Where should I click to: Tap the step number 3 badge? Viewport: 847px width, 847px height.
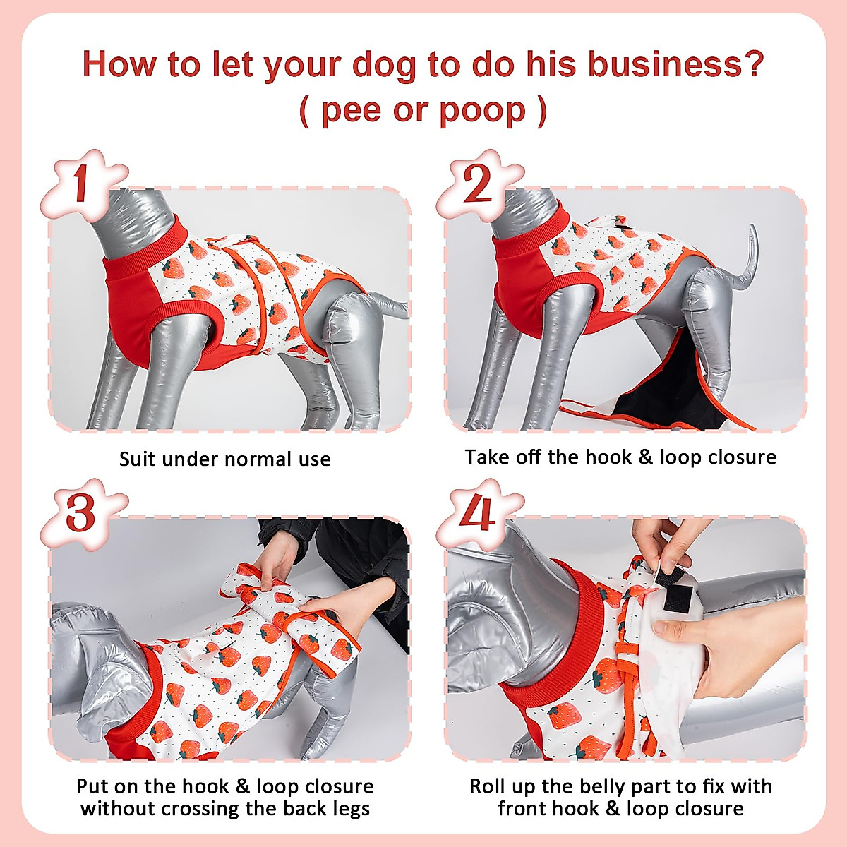coord(81,514)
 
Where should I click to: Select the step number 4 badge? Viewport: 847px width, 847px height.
coord(478,514)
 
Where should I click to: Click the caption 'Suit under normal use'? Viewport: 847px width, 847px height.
coord(224,459)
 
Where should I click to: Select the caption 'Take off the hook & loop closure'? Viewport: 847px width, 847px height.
coord(620,457)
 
